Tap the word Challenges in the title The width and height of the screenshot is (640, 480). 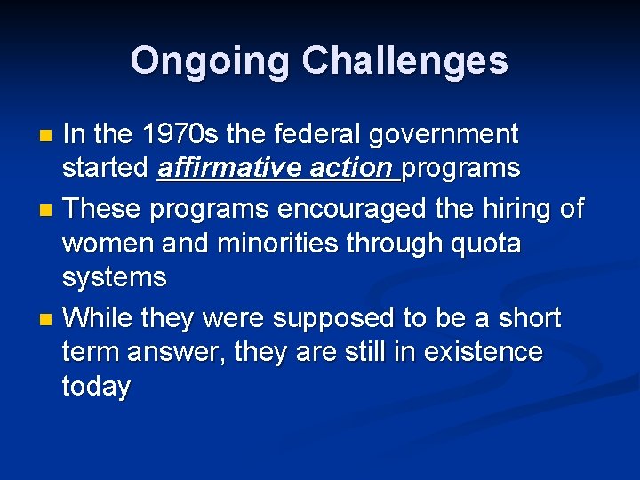[404, 61]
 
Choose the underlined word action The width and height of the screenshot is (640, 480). [351, 169]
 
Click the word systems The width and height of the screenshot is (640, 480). [114, 278]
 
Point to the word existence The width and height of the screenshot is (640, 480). [483, 352]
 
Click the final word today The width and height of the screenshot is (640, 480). [96, 388]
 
